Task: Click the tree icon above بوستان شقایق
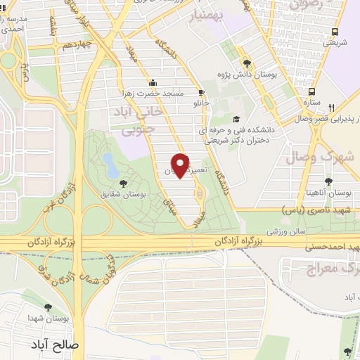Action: tap(124, 184)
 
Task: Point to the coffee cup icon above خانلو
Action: tap(202, 93)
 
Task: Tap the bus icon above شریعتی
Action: tap(335, 32)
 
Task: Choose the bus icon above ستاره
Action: tap(311, 91)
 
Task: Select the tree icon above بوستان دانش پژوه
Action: tap(245, 60)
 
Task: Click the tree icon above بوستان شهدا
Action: tap(48, 308)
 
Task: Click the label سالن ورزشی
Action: tap(262, 230)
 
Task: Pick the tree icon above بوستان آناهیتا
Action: tap(328, 181)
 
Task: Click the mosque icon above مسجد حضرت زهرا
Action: tap(154, 82)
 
